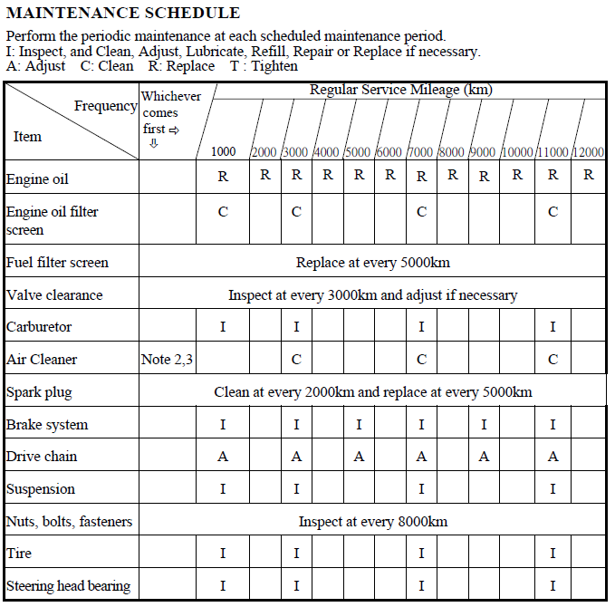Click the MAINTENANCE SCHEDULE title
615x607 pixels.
pos(123,13)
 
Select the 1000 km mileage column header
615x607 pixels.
pos(224,151)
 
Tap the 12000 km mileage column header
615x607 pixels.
pos(588,151)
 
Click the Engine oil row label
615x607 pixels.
pos(37,178)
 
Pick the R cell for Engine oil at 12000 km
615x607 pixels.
pos(589,175)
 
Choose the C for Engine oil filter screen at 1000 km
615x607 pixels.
pos(223,212)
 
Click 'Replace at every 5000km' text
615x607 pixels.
pos(372,263)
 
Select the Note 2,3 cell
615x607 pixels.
pos(167,360)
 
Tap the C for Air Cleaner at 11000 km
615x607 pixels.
pos(553,360)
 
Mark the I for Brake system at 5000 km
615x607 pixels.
pos(359,424)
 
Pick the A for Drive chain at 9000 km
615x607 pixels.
pos(484,457)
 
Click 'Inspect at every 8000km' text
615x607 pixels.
pos(372,521)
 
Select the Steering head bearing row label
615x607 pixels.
pos(68,585)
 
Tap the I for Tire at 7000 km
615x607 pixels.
pos(421,553)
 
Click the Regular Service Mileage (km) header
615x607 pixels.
pos(400,90)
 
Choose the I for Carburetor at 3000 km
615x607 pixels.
pos(296,327)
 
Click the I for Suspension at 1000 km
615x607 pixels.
pos(223,489)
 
